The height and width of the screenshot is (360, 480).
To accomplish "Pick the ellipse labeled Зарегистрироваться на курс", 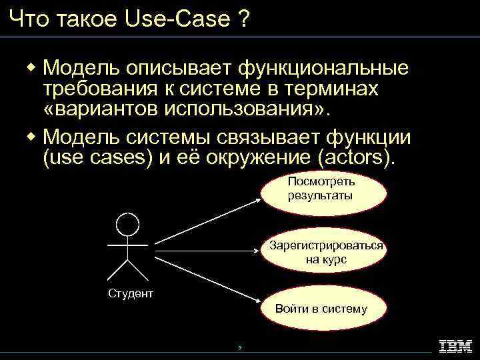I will (326, 252).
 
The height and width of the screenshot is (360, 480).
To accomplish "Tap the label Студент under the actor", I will (131, 293).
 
